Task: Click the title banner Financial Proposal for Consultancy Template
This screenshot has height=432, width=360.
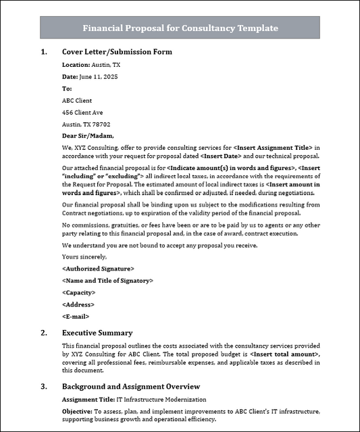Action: click(180, 28)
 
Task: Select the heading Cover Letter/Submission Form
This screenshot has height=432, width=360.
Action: click(117, 52)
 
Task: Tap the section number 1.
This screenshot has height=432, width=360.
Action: click(44, 52)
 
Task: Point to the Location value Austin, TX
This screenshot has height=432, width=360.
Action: click(106, 65)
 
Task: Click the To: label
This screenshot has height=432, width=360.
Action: click(67, 88)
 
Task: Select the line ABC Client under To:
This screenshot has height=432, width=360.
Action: click(77, 101)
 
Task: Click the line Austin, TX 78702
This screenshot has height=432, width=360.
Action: click(86, 124)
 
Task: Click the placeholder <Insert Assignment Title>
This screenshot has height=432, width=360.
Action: click(273, 147)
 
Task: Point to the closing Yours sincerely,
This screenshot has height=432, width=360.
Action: click(84, 256)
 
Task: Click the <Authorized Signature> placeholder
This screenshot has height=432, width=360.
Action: click(98, 269)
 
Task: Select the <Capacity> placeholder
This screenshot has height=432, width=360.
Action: click(78, 292)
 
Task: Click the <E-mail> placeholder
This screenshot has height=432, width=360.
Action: click(76, 316)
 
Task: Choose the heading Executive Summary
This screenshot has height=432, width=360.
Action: click(97, 333)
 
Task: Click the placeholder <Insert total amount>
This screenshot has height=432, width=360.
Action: click(284, 354)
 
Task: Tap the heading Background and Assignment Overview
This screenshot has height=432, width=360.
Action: click(131, 387)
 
